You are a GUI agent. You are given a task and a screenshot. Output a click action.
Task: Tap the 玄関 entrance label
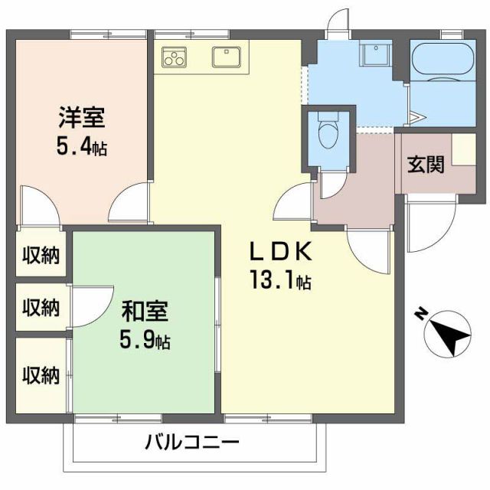[425, 164]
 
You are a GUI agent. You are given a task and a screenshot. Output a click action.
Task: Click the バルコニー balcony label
[191, 442]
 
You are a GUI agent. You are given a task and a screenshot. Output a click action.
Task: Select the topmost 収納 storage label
[40, 256]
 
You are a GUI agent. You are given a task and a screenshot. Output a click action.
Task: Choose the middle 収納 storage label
[40, 308]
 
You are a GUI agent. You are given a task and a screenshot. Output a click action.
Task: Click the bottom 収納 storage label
[40, 374]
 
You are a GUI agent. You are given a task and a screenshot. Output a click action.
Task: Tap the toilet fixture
[328, 132]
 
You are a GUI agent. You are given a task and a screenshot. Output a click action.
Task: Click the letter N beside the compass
[421, 313]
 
